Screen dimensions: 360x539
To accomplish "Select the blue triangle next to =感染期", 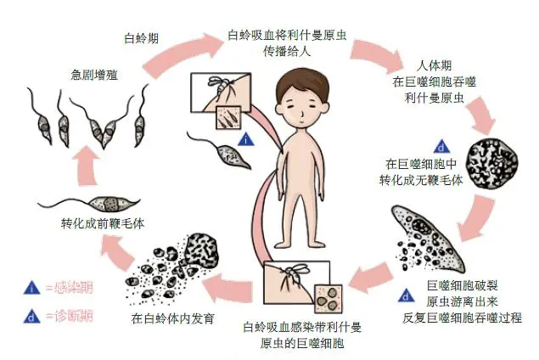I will click(31, 287).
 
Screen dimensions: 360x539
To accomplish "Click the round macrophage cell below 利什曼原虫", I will click(496, 150).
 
